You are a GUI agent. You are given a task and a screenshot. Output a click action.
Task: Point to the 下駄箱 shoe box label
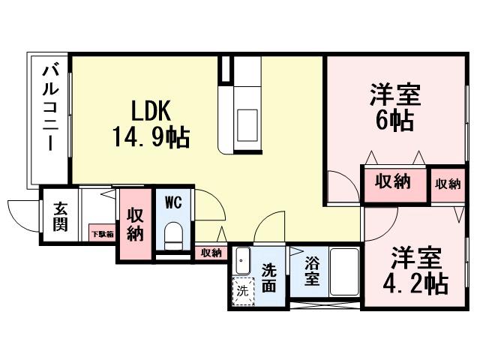(102, 234)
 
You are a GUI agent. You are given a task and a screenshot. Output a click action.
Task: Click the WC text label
(173, 202)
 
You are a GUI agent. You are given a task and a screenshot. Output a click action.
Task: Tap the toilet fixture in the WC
(173, 235)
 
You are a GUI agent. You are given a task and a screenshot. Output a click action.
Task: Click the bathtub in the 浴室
(344, 274)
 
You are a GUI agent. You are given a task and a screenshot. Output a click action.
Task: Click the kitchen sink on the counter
(245, 120)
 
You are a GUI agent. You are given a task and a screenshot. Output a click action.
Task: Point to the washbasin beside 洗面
(241, 262)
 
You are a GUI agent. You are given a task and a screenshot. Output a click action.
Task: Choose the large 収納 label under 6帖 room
(393, 182)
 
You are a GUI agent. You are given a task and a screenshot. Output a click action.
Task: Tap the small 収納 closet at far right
(447, 184)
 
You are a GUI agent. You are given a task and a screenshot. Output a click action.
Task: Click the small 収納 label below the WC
(211, 253)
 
